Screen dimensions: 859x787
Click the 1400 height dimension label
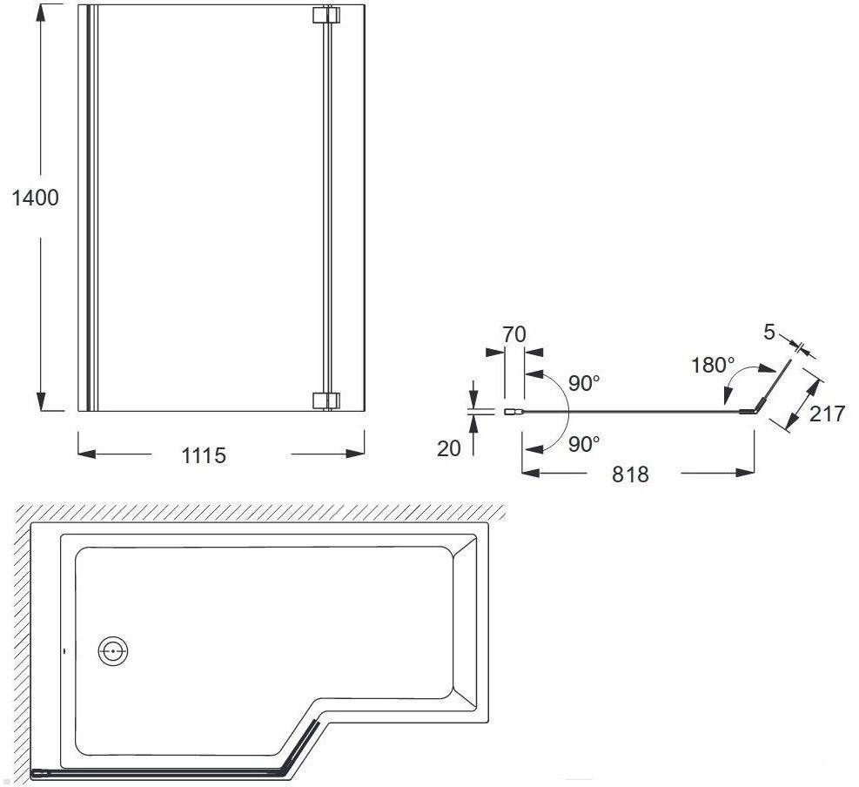point(35,198)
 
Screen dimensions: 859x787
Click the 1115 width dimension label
point(204,455)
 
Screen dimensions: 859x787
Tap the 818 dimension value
point(630,474)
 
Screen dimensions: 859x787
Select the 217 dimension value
point(827,414)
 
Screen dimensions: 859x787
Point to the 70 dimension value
point(513,334)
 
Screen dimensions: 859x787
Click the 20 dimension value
point(449,449)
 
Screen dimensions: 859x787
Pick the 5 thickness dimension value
point(769,332)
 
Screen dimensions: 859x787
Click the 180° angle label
point(712,365)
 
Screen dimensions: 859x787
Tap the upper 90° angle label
point(584,383)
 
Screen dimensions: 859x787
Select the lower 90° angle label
point(584,444)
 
